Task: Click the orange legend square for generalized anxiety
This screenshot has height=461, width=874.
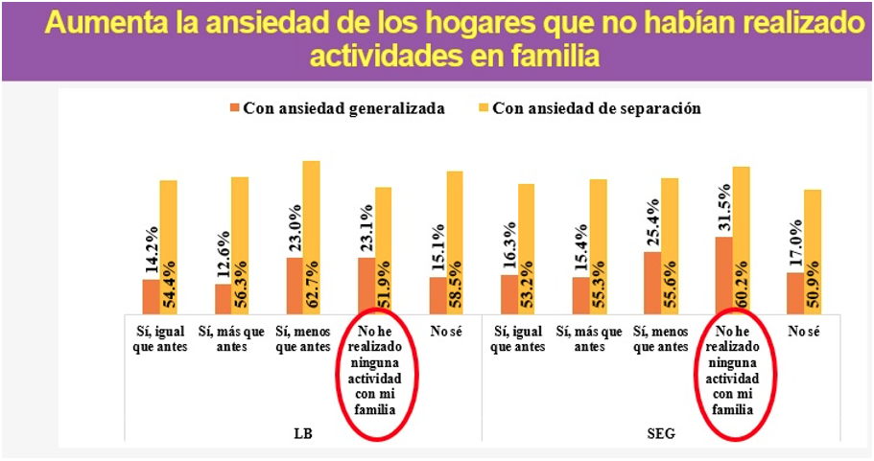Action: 234,108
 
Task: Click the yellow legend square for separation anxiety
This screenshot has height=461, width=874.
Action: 483,108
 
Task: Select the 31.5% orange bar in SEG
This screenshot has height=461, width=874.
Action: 723,274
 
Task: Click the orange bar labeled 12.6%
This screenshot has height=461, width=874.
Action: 224,298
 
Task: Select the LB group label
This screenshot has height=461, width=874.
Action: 303,433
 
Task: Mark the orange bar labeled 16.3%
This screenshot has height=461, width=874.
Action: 508,293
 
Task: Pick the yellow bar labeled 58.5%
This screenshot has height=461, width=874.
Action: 455,242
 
